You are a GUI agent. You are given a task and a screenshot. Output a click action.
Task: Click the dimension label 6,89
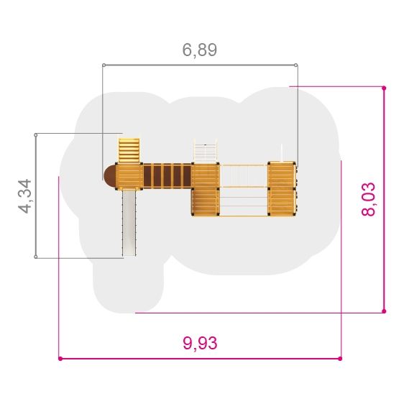(x=200, y=50)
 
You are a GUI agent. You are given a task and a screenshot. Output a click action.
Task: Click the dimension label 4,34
(x=25, y=196)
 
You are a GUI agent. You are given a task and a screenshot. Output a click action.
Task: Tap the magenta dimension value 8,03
(x=369, y=199)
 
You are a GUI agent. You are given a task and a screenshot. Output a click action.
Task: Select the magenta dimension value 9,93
(x=200, y=343)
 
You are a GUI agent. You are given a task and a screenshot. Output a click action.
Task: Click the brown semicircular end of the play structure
(x=109, y=176)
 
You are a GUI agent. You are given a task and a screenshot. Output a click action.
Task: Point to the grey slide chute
(x=129, y=223)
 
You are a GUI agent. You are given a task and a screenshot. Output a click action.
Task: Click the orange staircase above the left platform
(x=129, y=150)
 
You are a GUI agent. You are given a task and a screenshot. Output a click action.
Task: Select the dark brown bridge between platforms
(x=167, y=175)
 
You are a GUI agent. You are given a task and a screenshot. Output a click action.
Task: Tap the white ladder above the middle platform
(x=206, y=151)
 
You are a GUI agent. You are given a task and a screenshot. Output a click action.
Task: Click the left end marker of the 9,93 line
(x=60, y=359)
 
